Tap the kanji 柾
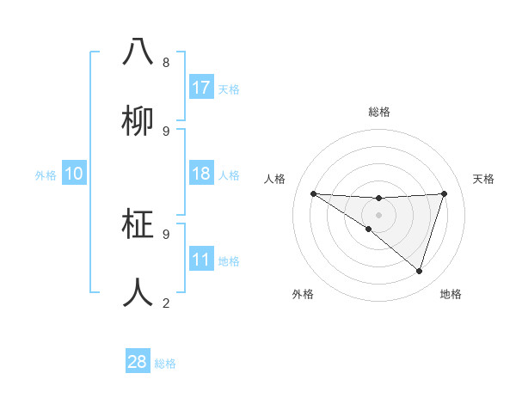pos(138,223)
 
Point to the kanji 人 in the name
pos(138,292)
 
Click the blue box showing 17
pos(200,88)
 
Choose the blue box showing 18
pos(200,174)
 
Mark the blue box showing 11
pos(200,260)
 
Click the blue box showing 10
pos(73,174)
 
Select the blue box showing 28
pos(137,362)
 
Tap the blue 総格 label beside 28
pos(165,364)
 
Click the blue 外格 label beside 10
pos(46,175)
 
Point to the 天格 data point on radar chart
pos(444,194)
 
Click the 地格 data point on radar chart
pos(419,271)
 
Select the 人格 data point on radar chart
pos(313,193)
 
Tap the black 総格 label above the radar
pos(378,112)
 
